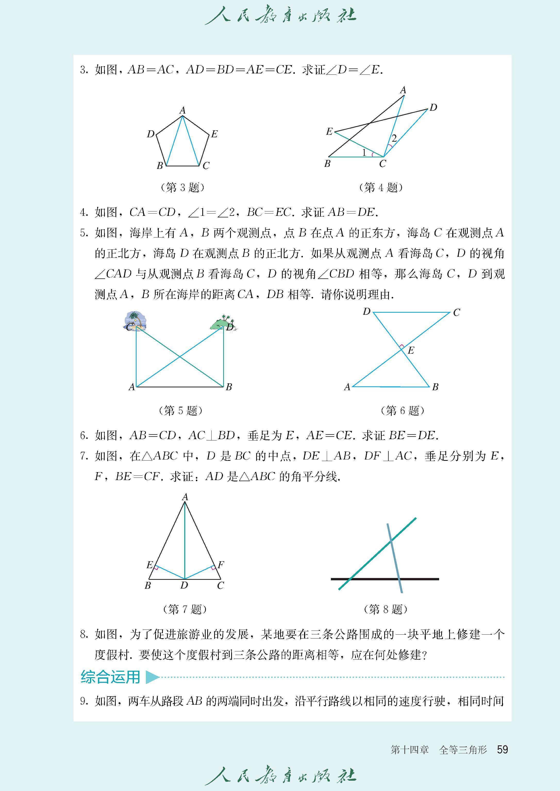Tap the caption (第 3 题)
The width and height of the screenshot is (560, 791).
coord(182,188)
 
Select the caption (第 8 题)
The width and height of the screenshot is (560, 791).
coord(386,609)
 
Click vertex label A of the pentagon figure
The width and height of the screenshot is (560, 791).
coord(182,110)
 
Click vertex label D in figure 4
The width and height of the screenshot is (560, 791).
coord(433,107)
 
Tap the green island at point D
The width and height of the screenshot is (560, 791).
coord(222,323)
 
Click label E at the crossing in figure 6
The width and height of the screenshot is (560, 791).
coord(411,351)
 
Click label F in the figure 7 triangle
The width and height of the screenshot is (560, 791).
coord(221,565)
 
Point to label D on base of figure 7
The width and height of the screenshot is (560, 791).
coord(184,585)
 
